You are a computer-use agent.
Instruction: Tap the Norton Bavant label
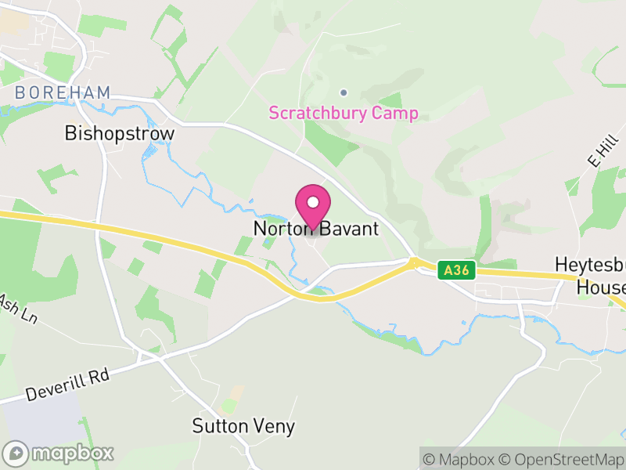click(x=315, y=229)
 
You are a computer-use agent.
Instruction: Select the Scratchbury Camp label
click(x=344, y=113)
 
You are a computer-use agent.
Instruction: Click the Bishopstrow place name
click(x=120, y=133)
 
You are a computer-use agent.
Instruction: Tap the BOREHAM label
click(x=63, y=93)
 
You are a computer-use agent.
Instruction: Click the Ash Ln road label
click(x=17, y=309)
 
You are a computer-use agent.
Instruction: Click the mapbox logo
click(x=59, y=453)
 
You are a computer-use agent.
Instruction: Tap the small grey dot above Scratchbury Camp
click(x=343, y=92)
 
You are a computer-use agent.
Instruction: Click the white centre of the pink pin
click(x=313, y=201)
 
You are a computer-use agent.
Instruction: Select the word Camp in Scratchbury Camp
click(x=398, y=113)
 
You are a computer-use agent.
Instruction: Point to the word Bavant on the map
click(x=349, y=229)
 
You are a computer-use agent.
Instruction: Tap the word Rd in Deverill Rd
click(x=99, y=373)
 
